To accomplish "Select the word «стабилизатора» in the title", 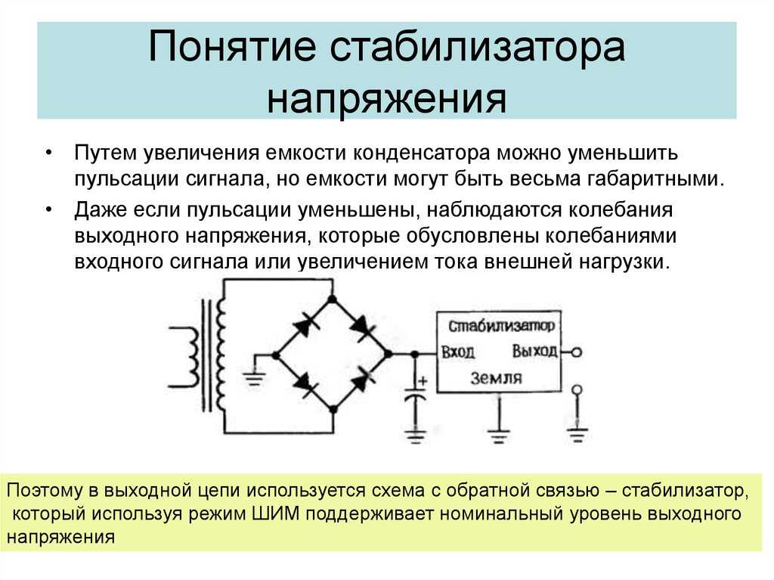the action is (478, 46).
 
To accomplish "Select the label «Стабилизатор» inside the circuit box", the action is (502, 326).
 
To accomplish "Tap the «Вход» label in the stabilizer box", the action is (458, 352).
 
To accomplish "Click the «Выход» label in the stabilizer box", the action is (534, 352).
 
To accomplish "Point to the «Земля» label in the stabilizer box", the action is (496, 378).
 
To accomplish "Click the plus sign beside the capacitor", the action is (423, 381).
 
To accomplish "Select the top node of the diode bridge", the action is (333, 299).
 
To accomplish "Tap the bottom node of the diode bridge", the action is (333, 409).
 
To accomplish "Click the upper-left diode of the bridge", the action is (305, 327).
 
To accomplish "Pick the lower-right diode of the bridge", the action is (362, 381).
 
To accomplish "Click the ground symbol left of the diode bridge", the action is (254, 378).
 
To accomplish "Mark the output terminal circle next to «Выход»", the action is (577, 352).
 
